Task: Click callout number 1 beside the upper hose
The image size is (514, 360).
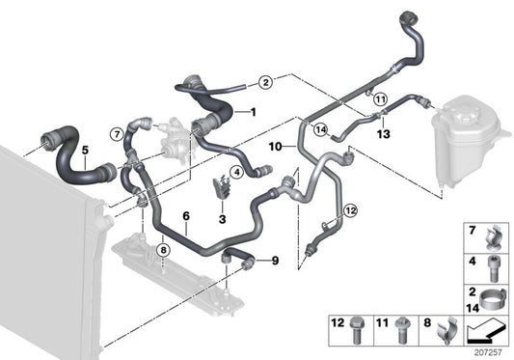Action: pos(254,112)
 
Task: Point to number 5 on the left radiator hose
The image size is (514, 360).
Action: pos(84,150)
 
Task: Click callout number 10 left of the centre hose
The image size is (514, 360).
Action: pos(275,148)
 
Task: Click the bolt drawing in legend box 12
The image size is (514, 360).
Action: pos(359,329)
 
